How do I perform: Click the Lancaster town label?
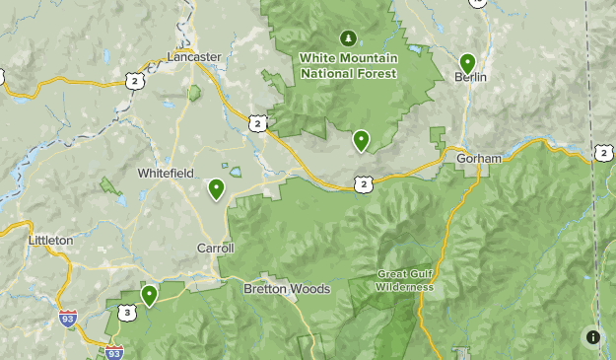(x=193, y=57)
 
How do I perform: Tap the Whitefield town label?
(x=165, y=173)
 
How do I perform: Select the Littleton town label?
(x=50, y=240)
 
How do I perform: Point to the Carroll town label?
(x=215, y=249)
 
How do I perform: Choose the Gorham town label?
(x=479, y=158)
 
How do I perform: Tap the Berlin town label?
(x=471, y=76)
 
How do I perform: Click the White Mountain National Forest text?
(x=348, y=66)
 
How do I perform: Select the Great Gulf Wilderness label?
(x=404, y=280)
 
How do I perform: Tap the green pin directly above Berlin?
(x=467, y=62)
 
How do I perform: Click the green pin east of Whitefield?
(x=216, y=187)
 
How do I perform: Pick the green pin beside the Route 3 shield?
(x=150, y=295)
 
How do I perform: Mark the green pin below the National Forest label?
(x=362, y=140)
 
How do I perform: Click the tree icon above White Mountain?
(x=347, y=38)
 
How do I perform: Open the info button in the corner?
(x=592, y=336)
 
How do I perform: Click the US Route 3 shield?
(x=126, y=313)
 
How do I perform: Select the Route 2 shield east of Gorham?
(x=603, y=152)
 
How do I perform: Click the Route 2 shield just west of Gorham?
(x=365, y=183)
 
